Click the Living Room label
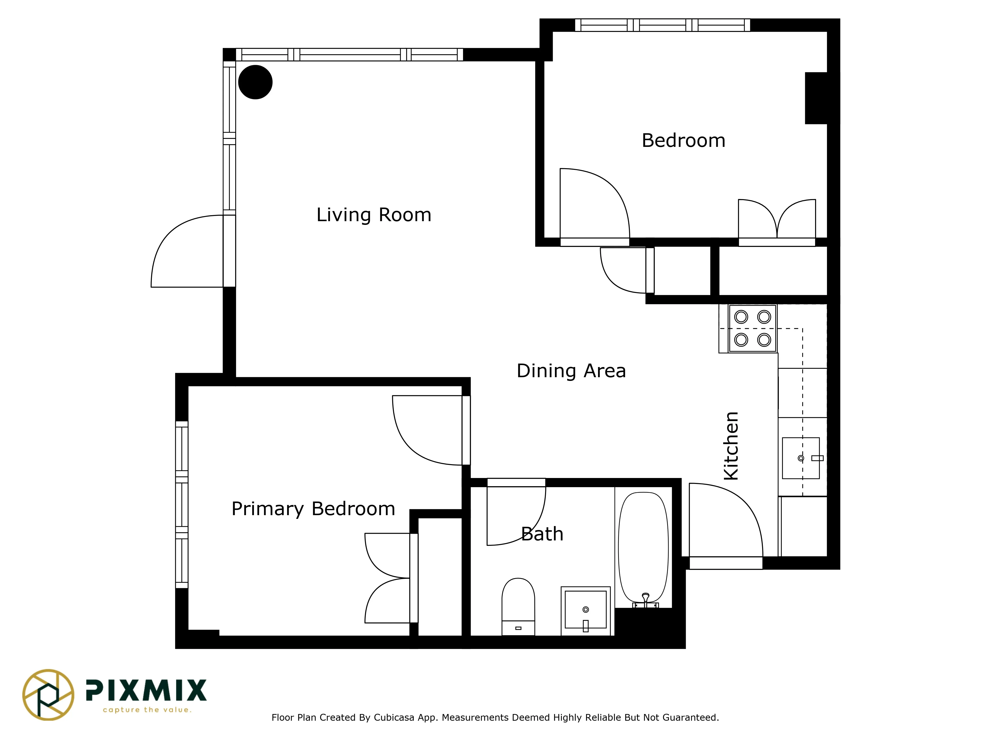click(x=374, y=215)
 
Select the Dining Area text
click(x=571, y=371)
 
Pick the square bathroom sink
click(x=585, y=610)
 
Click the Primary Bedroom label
click(x=313, y=509)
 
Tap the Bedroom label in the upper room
click(x=683, y=141)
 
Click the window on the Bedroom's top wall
click(x=662, y=25)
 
